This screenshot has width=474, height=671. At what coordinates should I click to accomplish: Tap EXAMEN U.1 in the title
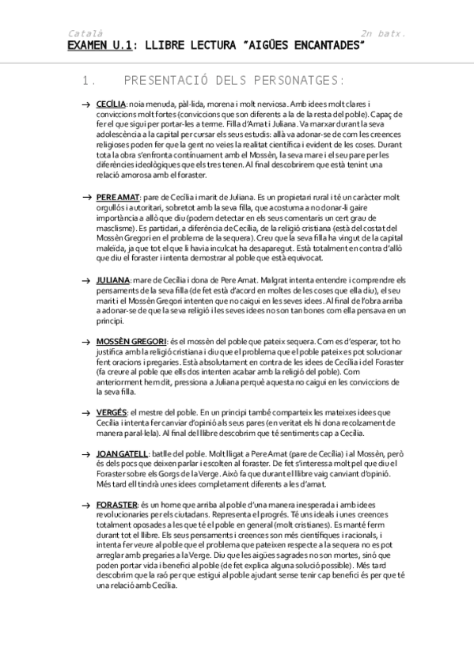(x=97, y=47)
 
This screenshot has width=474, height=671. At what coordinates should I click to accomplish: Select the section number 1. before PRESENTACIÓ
(x=89, y=81)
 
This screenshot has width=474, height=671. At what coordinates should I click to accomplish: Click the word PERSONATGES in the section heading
(x=292, y=81)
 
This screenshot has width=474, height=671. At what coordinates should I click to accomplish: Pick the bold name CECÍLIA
(x=111, y=104)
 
